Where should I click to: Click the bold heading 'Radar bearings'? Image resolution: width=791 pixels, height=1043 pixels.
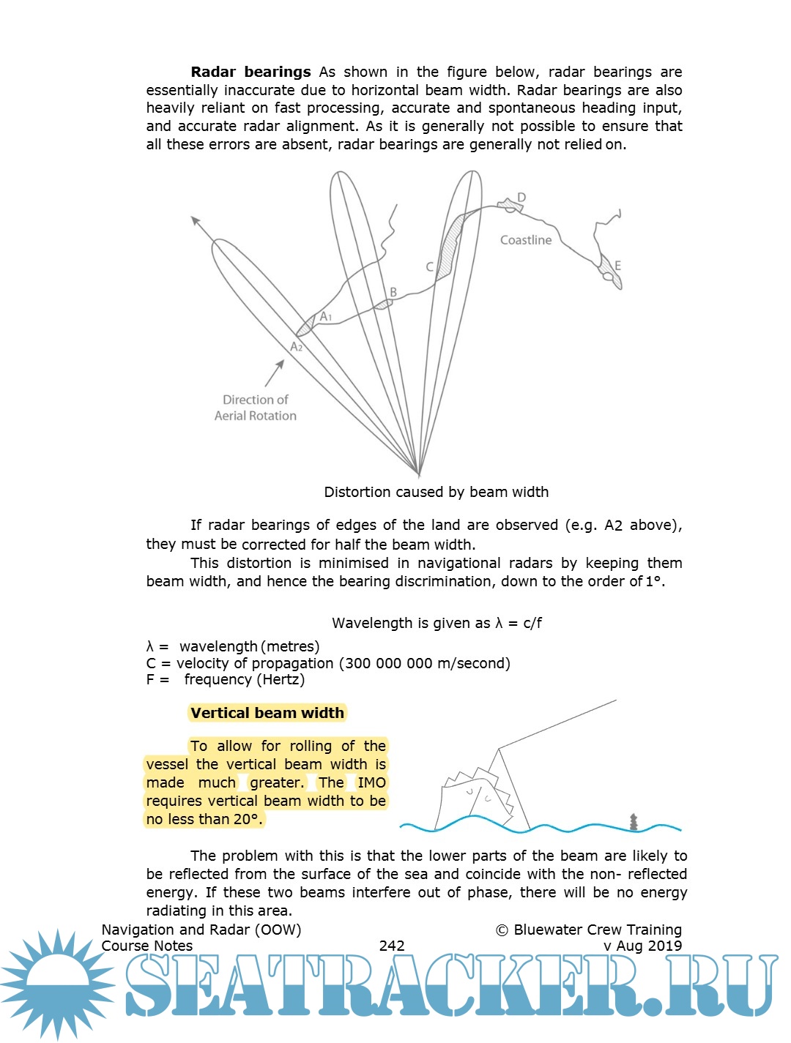[x=250, y=72]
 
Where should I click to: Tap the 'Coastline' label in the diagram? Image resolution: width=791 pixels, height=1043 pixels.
[x=525, y=240]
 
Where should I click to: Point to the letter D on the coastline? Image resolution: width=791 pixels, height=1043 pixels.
[x=521, y=198]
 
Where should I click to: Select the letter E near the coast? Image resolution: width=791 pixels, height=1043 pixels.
[x=617, y=266]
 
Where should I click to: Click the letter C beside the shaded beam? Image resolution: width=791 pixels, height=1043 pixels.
[x=430, y=267]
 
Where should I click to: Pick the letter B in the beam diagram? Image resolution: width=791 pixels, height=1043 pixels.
[x=393, y=292]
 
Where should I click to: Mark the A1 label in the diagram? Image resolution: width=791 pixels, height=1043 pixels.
[x=326, y=317]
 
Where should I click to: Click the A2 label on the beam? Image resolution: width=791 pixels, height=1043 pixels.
[x=296, y=347]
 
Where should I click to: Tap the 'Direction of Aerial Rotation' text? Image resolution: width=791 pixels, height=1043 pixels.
[x=255, y=408]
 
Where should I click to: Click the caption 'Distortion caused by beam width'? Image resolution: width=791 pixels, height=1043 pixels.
[x=436, y=492]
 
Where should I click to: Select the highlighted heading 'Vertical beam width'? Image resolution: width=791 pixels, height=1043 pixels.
[x=267, y=713]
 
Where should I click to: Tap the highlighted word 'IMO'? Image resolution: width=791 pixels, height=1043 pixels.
[x=371, y=782]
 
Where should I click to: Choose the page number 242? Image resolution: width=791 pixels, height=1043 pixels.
[x=392, y=946]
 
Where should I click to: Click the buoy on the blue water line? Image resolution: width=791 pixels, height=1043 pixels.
[x=634, y=822]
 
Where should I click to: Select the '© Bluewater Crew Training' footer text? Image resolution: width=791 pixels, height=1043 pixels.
[x=589, y=930]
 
